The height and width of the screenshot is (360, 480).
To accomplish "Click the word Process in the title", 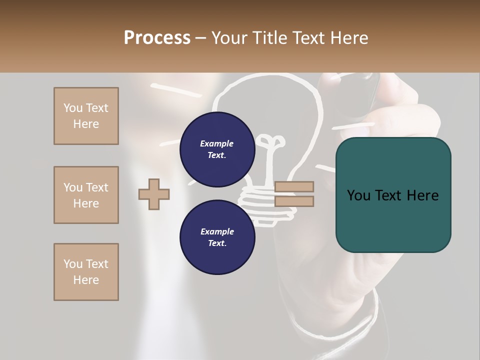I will coord(157,37).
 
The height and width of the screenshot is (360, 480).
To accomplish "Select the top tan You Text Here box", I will coord(86,116).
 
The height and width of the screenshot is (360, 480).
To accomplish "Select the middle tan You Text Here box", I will coord(86,195).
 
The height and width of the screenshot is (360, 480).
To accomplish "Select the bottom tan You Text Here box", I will coord(86,272).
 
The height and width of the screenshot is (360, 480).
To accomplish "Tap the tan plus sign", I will coord(154,194).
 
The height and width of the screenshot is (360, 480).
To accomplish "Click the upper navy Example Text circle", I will coord(216,149).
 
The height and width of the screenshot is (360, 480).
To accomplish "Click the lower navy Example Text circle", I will coord(216,237).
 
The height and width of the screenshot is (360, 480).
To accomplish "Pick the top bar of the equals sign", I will coord(294,187).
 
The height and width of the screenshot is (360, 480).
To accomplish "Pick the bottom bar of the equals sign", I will coord(294,201).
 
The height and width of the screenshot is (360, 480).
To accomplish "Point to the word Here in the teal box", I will coord(422,195).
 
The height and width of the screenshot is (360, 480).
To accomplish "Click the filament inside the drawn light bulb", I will coord(270,150).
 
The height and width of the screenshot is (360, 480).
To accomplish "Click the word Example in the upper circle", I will coord(216,143).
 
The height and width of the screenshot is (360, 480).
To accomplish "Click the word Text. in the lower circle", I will coord(216,243).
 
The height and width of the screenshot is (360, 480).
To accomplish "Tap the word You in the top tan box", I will coord(72,108).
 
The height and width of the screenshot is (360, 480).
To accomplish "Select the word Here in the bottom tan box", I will coord(86,280).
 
